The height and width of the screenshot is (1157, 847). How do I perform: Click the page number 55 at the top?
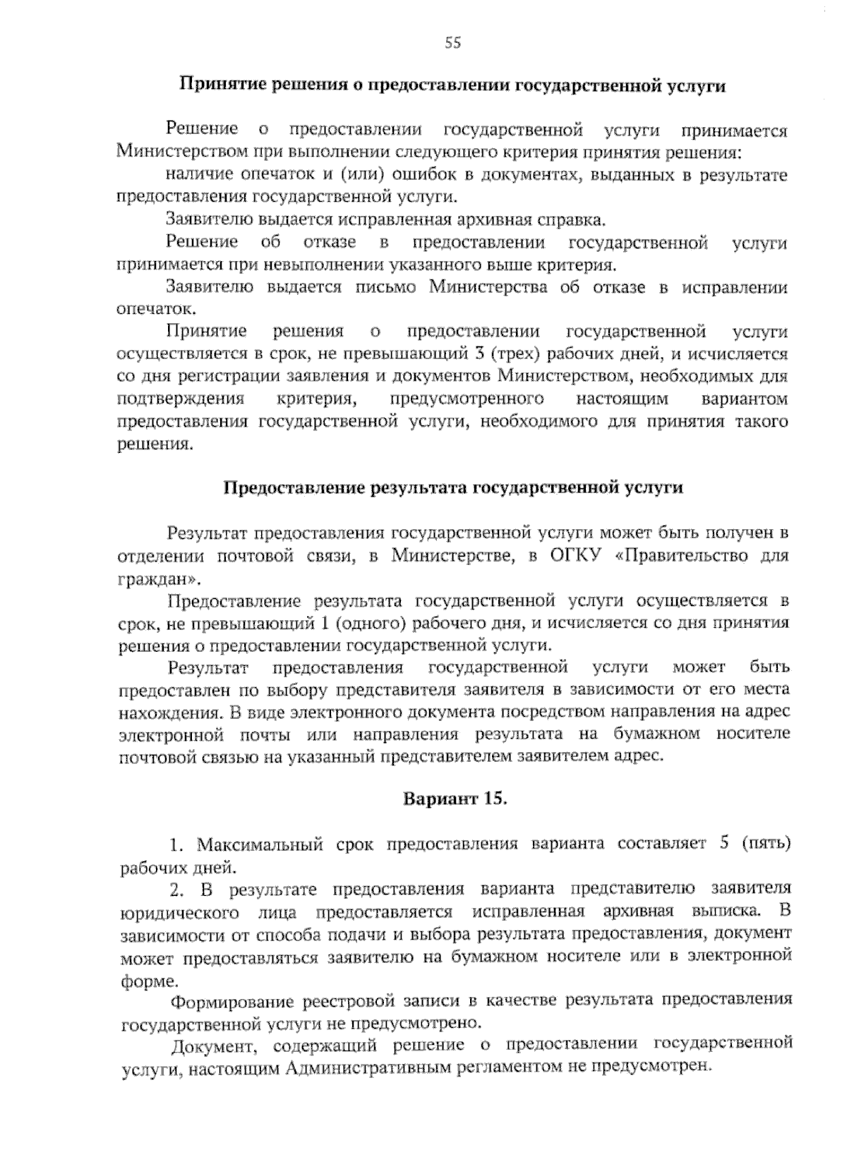click(452, 44)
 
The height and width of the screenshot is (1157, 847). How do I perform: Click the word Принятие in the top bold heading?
click(214, 85)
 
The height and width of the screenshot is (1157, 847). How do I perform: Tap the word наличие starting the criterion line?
click(198, 175)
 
